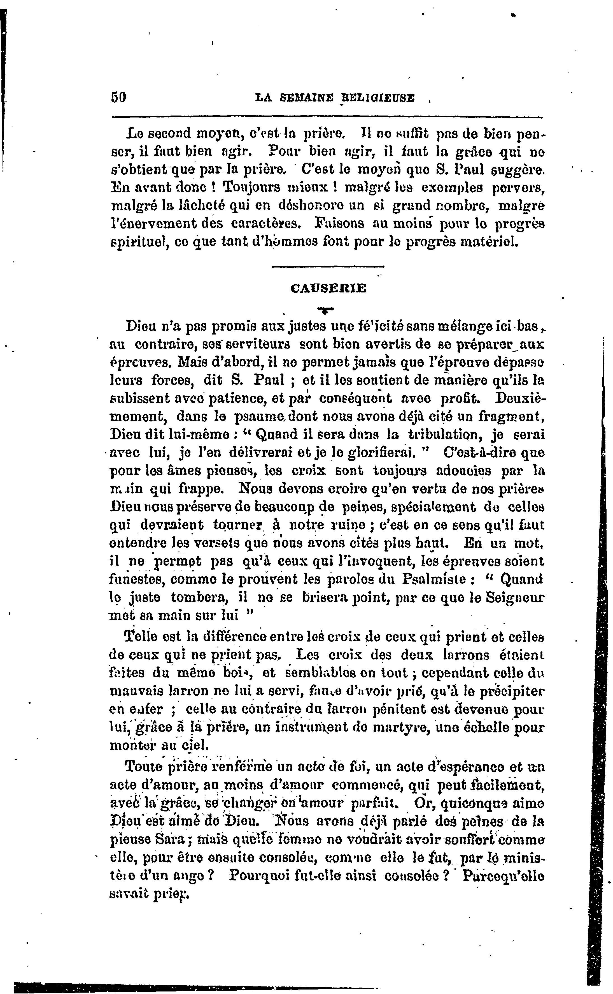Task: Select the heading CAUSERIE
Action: (328, 288)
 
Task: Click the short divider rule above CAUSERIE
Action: (328, 267)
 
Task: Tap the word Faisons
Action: (341, 223)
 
